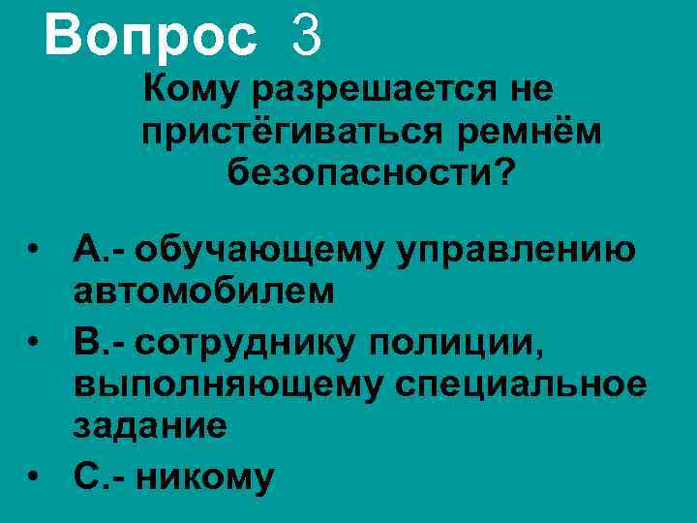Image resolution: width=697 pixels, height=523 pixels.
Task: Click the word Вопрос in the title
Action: pyautogui.click(x=150, y=37)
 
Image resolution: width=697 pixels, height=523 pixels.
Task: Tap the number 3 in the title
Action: pyautogui.click(x=303, y=37)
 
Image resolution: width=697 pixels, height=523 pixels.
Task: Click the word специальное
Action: pyautogui.click(x=521, y=385)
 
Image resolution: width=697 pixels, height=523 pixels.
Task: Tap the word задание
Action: pyautogui.click(x=150, y=426)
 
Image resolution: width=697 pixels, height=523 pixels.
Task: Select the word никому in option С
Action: pyautogui.click(x=204, y=477)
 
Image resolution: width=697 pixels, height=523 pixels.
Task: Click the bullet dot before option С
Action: pyautogui.click(x=34, y=477)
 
